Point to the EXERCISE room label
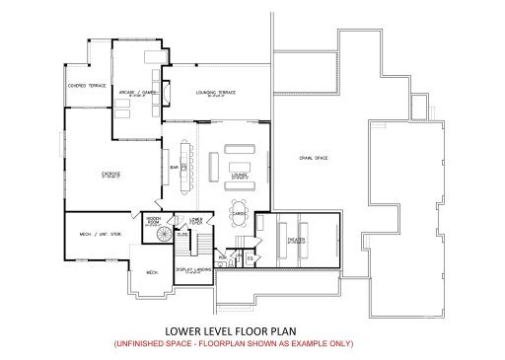point(111,175)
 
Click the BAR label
point(174,169)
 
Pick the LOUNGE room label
point(238,175)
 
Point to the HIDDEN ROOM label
point(153,220)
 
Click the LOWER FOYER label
point(196,221)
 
